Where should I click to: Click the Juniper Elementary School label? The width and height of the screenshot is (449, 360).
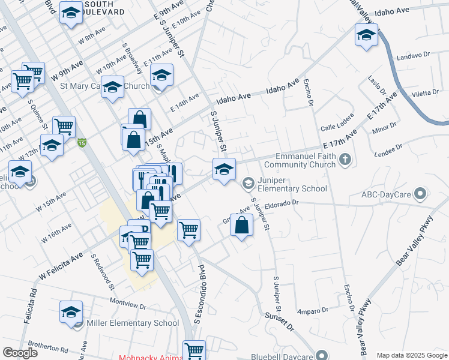pyautogui.click(x=292, y=184)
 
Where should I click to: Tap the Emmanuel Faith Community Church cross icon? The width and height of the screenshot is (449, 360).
pyautogui.click(x=345, y=160)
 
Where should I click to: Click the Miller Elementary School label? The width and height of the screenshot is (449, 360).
pyautogui.click(x=133, y=323)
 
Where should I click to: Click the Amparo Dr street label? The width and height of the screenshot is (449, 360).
pyautogui.click(x=313, y=311)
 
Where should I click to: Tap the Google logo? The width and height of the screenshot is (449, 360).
pyautogui.click(x=20, y=353)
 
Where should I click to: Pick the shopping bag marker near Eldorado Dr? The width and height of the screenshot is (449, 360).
pyautogui.click(x=241, y=226)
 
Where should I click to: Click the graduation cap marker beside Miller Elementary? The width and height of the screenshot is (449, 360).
pyautogui.click(x=71, y=312)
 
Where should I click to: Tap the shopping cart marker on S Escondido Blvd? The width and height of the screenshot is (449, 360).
pyautogui.click(x=189, y=230)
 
